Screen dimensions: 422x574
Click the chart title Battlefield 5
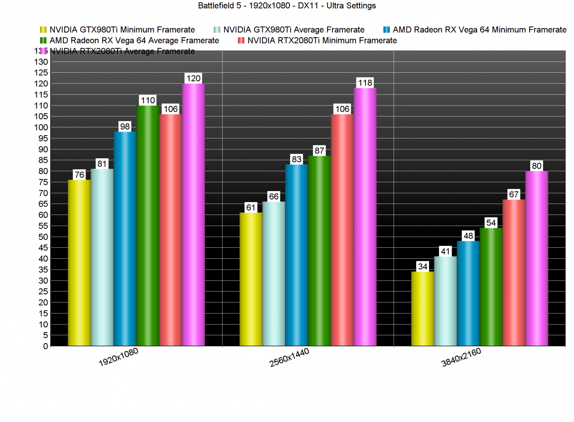point(287,5)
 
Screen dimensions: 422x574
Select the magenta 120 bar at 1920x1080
point(193,215)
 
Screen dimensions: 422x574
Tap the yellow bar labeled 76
point(79,263)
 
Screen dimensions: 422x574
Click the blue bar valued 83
point(297,255)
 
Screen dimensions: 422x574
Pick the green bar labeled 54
point(491,287)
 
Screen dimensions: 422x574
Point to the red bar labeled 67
point(514,273)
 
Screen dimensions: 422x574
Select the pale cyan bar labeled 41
point(445,301)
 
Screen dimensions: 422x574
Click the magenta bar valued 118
point(365,217)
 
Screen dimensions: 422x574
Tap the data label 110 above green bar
point(148,100)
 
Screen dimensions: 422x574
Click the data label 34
point(422,266)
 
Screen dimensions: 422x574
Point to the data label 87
point(319,151)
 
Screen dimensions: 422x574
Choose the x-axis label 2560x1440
point(289,357)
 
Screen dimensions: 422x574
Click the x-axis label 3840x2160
point(461,357)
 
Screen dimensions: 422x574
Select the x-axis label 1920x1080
point(118,357)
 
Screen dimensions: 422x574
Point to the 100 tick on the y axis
point(41,127)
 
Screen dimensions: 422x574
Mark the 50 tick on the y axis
point(43,237)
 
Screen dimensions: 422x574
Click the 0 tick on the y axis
point(45,346)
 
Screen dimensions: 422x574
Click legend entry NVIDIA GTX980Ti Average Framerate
point(293,30)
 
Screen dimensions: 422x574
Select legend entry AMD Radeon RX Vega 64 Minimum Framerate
point(479,30)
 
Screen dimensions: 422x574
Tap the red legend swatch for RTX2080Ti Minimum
point(241,40)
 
